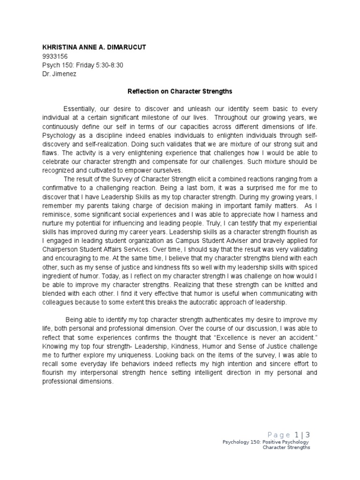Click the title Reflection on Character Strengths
point(180,91)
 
